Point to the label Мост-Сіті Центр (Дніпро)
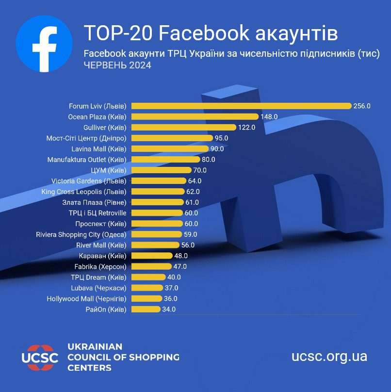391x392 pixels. pos(86,138)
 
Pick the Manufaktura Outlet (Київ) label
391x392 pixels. pos(87,159)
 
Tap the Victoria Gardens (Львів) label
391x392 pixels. pos(89,181)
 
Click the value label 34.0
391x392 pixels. pos(169,309)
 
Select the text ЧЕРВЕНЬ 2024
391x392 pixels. pos(117,65)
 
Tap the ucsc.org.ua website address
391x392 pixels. pos(329,357)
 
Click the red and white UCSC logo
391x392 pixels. pos(40,357)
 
